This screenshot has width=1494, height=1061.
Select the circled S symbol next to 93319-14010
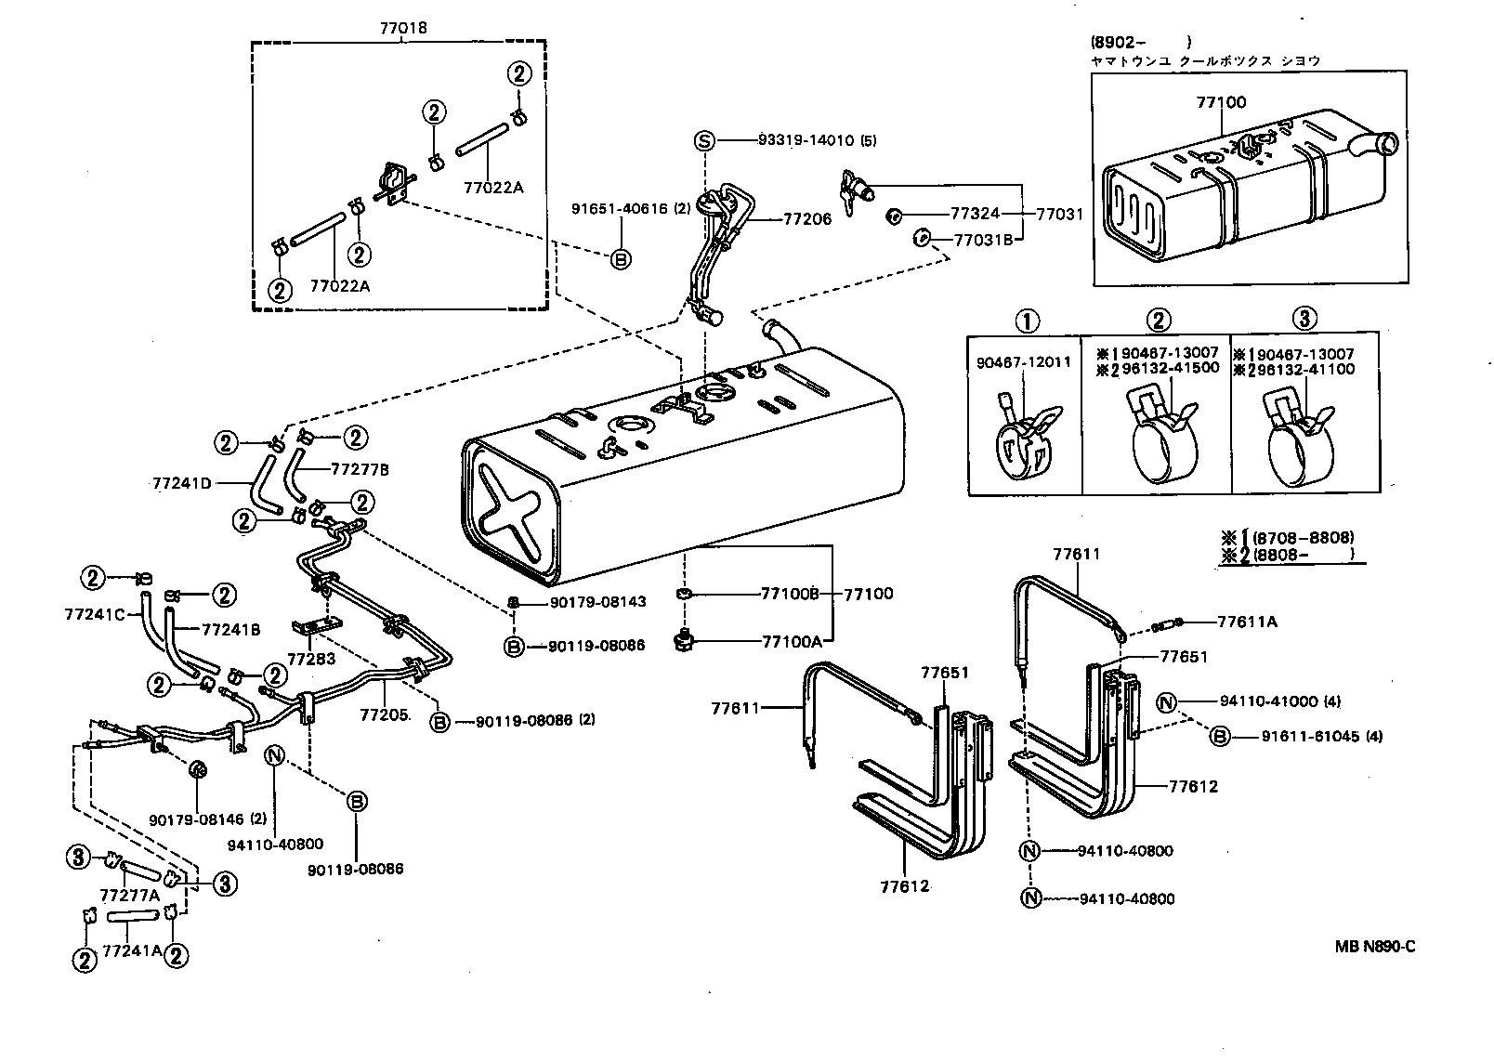(704, 141)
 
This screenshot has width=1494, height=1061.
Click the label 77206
(808, 219)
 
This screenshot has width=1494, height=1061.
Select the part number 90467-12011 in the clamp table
(1023, 362)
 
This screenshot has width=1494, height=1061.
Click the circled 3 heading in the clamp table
(1304, 320)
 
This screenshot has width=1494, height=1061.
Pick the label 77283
(311, 659)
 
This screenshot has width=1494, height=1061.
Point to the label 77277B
(360, 470)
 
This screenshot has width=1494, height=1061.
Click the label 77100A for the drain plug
(790, 641)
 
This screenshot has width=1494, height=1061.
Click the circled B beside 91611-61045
(1220, 736)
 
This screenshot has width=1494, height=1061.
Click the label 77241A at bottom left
(131, 950)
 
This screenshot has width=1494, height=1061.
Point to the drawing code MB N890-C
(1375, 947)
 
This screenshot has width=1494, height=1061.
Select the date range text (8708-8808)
(1303, 538)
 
